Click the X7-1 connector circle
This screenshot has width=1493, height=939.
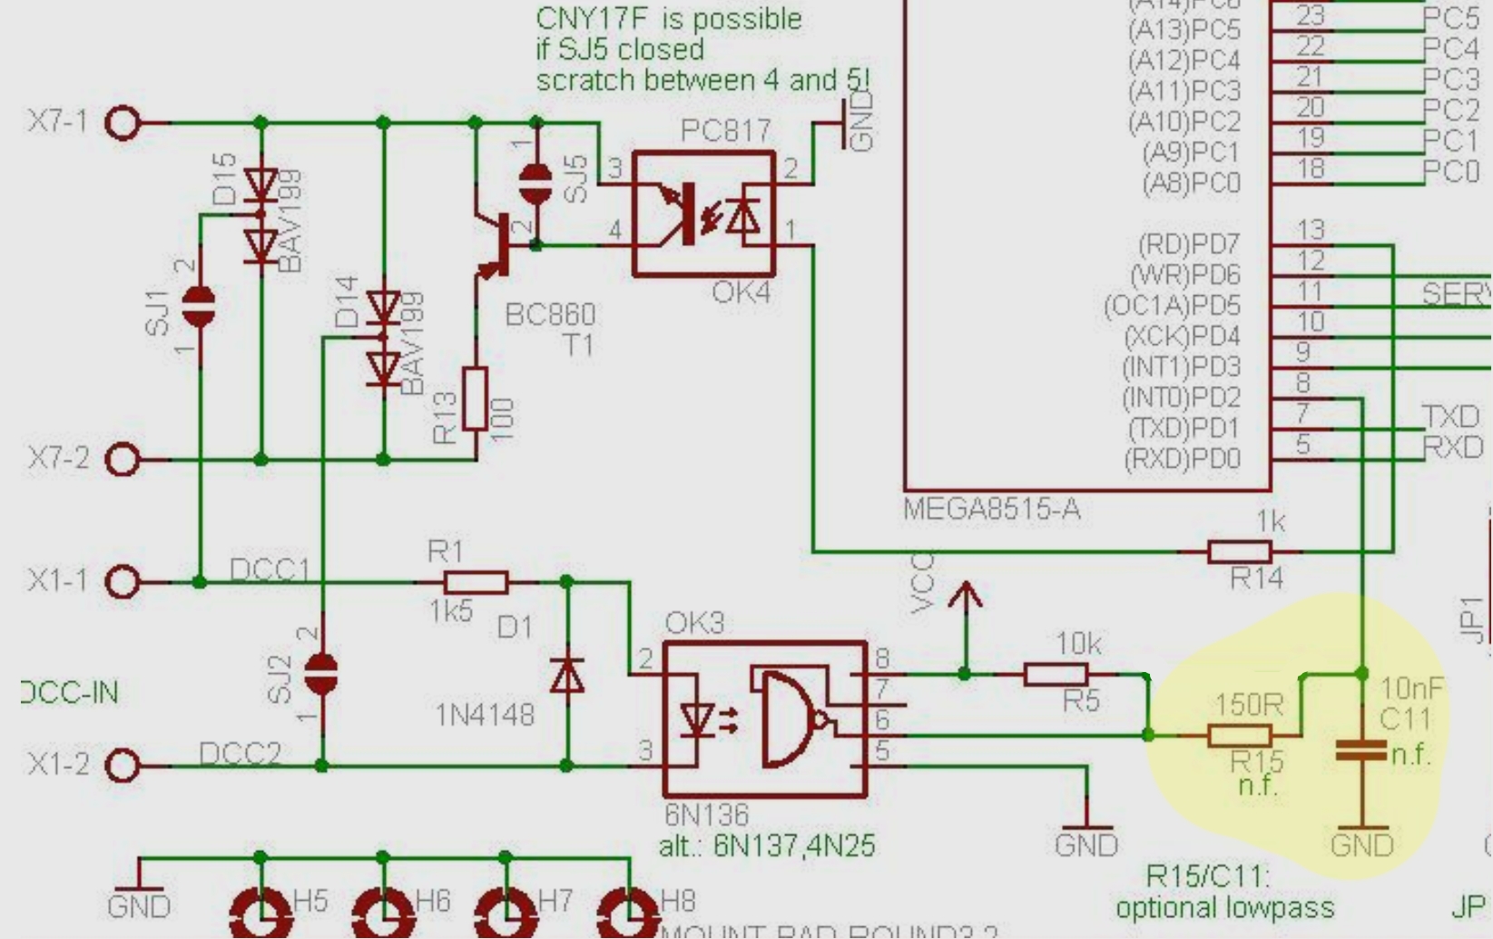(123, 123)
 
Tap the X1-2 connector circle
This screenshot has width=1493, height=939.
(123, 766)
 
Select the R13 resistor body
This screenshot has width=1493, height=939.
(475, 398)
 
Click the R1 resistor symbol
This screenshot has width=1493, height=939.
(476, 582)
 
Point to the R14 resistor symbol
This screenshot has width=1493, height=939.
(1239, 551)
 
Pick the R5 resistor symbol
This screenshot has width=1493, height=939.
(1056, 674)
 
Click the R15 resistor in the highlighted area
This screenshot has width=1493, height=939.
(1240, 736)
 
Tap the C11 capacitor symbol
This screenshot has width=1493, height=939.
(1361, 750)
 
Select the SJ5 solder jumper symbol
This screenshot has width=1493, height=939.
(535, 183)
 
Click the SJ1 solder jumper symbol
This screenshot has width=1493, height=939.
(199, 307)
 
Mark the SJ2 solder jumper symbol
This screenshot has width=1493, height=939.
(321, 674)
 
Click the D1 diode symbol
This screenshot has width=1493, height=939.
(567, 675)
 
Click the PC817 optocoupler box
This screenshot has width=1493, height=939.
(704, 214)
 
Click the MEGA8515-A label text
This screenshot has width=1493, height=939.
(991, 509)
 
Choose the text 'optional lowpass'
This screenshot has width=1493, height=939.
(1224, 907)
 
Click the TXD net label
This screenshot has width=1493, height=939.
(1451, 417)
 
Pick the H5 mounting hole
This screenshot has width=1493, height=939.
(261, 913)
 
